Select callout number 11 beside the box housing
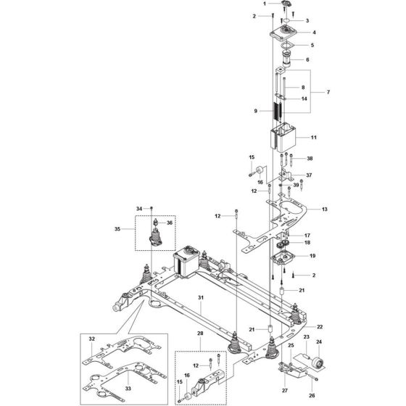[314, 136]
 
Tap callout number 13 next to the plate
[324, 209]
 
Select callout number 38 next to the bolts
[310, 158]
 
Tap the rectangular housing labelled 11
[284, 138]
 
